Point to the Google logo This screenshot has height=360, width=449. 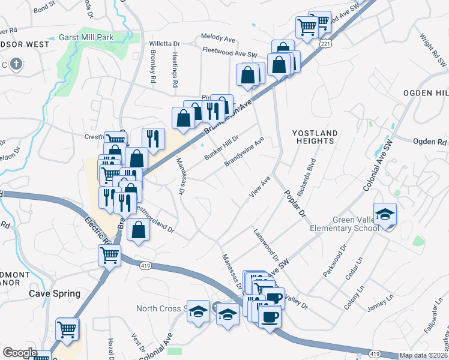coord(20,353)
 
